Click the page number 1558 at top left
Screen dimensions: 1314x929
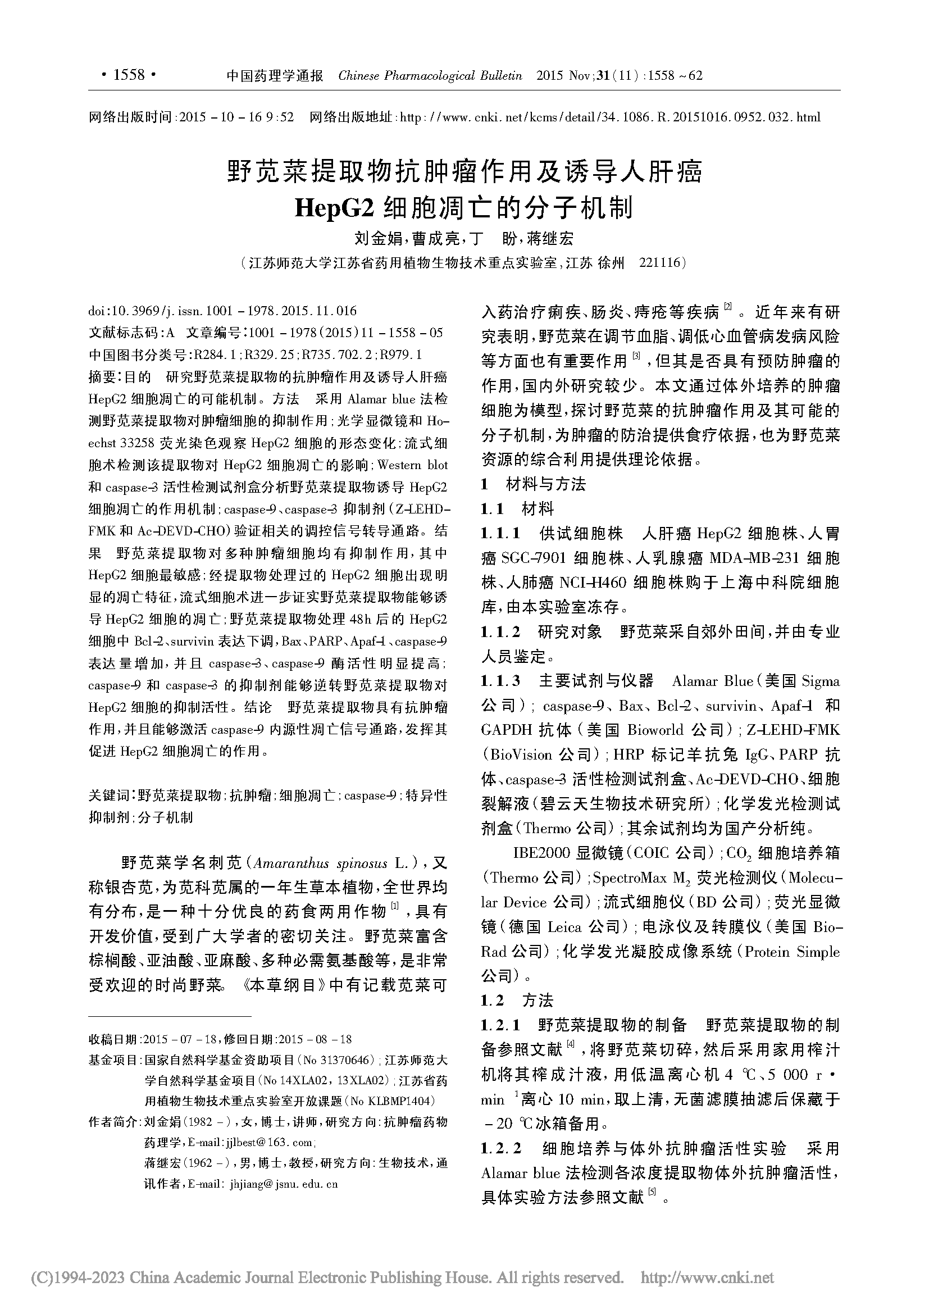click(x=129, y=75)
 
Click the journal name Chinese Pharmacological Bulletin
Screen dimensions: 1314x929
click(x=430, y=75)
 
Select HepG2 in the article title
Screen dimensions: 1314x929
click(x=334, y=208)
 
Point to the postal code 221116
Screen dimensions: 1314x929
click(x=659, y=263)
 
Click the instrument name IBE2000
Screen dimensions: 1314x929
click(x=541, y=853)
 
